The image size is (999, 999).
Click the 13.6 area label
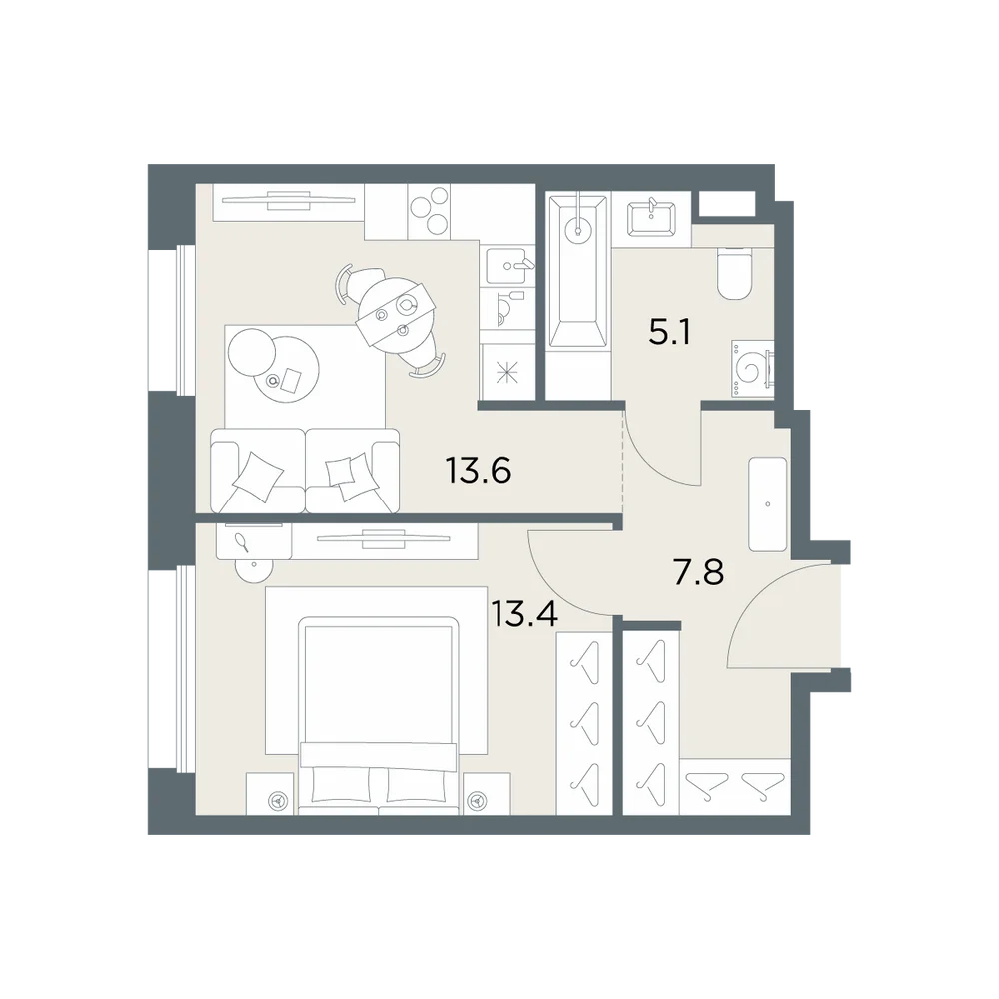(478, 471)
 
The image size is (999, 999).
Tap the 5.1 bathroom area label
(669, 332)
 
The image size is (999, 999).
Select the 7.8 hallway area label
(699, 571)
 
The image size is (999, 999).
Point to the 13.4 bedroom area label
(524, 614)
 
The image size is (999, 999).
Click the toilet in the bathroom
(735, 273)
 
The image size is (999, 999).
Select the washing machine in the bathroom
(753, 369)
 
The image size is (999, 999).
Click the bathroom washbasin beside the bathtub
(651, 219)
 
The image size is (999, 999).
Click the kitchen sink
(506, 265)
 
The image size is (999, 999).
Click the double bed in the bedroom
(379, 715)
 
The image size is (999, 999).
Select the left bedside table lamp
(277, 800)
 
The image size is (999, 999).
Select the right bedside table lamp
(477, 800)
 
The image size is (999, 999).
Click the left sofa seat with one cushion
(258, 471)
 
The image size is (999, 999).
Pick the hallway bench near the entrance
(767, 503)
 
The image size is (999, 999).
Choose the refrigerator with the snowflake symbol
(507, 372)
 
